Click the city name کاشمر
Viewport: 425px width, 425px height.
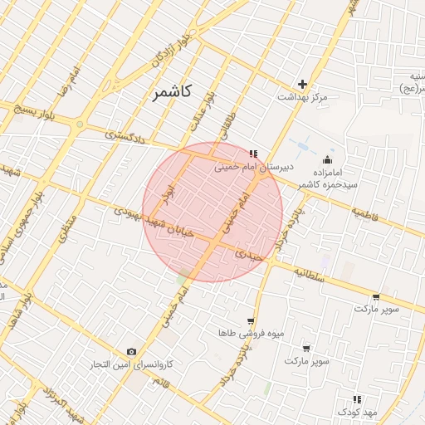pyautogui.click(x=172, y=92)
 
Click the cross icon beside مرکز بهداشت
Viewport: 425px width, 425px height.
pyautogui.click(x=303, y=84)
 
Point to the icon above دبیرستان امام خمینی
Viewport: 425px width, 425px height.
pyautogui.click(x=253, y=153)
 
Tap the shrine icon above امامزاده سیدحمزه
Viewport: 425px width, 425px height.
pyautogui.click(x=328, y=160)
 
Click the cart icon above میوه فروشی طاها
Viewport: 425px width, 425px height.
pyautogui.click(x=250, y=320)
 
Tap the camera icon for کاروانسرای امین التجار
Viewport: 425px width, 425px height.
pyautogui.click(x=131, y=352)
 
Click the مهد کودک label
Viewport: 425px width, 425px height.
pyautogui.click(x=358, y=412)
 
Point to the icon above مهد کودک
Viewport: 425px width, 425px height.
pyautogui.click(x=358, y=399)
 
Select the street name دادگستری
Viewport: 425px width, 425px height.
pyautogui.click(x=125, y=137)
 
